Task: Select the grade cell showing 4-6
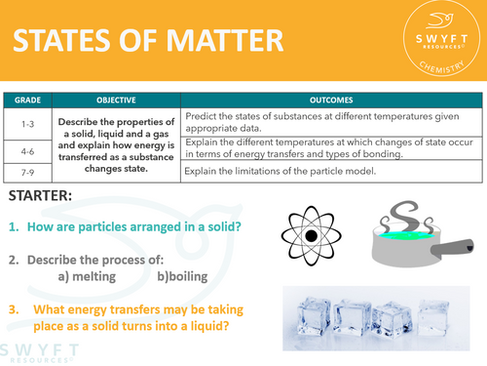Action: pos(28,148)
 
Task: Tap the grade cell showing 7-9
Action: pos(28,172)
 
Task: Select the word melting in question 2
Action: pos(98,279)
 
